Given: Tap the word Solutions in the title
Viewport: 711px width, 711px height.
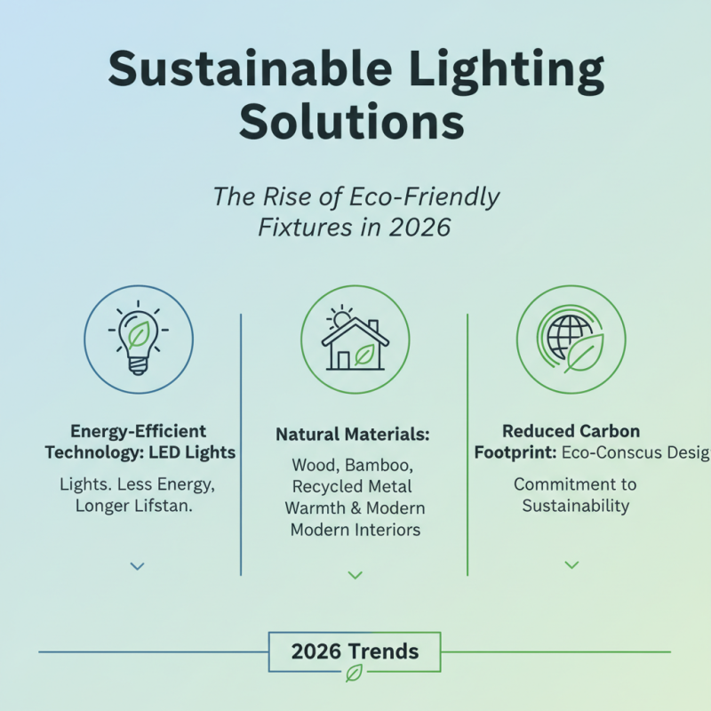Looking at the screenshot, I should (x=353, y=122).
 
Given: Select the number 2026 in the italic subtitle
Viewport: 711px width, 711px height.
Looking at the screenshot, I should (x=419, y=227).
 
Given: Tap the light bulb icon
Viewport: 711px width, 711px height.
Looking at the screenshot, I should (x=138, y=339).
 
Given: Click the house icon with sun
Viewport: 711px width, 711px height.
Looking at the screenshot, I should (x=355, y=341).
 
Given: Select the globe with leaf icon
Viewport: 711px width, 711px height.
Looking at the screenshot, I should (x=571, y=340).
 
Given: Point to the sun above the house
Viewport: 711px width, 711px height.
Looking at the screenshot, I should (x=339, y=317).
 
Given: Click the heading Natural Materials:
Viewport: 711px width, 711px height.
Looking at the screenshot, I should (x=353, y=435).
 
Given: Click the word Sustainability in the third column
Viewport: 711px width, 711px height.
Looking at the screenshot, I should (x=575, y=506).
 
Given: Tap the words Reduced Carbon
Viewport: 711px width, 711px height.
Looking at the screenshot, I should (x=571, y=431).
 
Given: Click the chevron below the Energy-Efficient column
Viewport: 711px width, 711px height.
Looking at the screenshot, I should (x=137, y=565).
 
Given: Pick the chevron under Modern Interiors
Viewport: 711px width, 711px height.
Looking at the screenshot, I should (x=355, y=575).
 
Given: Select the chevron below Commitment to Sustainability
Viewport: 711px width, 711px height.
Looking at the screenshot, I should (x=571, y=564).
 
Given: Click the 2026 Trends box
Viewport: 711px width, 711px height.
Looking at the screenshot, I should (x=355, y=651).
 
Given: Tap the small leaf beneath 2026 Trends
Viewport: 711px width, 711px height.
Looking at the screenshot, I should (x=354, y=673).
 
